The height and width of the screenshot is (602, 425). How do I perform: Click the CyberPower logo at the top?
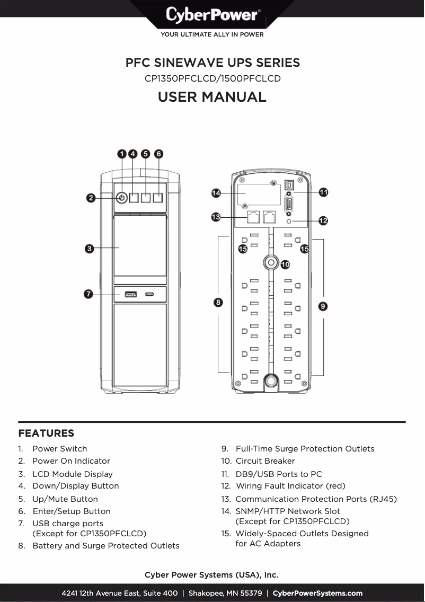tap(212, 15)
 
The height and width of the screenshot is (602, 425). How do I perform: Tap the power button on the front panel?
tap(121, 198)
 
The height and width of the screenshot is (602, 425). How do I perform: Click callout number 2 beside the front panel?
tap(91, 198)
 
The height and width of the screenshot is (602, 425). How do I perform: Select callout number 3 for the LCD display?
tap(90, 249)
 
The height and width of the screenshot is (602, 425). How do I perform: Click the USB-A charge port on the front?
tap(130, 294)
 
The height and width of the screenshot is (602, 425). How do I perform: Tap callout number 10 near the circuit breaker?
tap(285, 264)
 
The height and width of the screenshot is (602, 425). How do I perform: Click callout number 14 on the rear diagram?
tap(216, 193)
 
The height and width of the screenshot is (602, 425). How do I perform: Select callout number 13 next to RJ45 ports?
tap(216, 217)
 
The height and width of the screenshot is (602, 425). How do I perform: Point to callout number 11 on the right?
tap(323, 192)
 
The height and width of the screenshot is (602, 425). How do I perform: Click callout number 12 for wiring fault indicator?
tap(323, 220)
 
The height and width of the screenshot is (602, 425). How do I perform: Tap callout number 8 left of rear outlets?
tap(218, 302)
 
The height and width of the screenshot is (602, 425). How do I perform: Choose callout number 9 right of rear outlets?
tap(323, 306)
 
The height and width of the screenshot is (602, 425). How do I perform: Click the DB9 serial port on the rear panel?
tap(289, 203)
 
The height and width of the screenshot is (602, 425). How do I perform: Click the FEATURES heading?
tap(46, 433)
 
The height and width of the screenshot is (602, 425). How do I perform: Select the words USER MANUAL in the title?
tap(212, 97)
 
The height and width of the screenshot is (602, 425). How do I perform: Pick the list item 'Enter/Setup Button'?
tap(72, 511)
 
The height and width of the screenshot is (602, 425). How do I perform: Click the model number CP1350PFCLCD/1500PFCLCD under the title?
tap(212, 79)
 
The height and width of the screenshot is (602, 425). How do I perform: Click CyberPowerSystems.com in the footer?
tap(317, 593)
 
